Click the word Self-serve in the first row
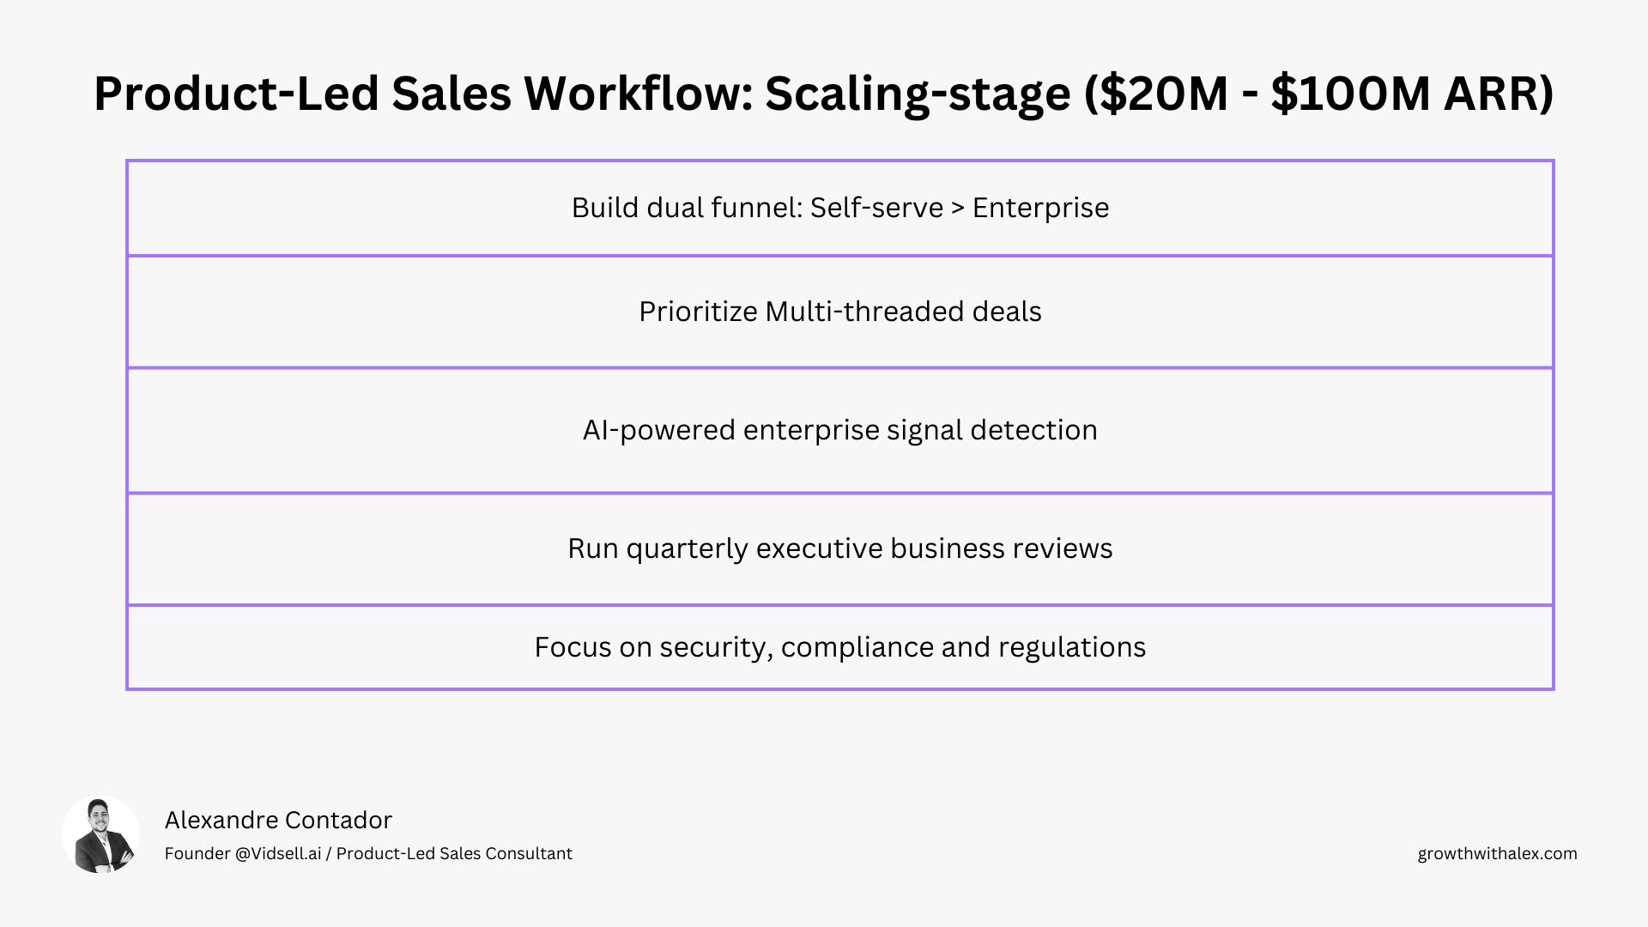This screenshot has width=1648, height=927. [876, 208]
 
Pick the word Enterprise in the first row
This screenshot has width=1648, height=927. [1040, 208]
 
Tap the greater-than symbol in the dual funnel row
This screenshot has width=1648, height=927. [958, 209]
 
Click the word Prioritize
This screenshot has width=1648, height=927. [697, 312]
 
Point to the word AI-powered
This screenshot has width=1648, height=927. [658, 430]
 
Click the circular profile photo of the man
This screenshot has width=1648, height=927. [100, 835]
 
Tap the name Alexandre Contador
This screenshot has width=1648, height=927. [278, 820]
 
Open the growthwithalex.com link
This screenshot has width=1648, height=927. [1497, 853]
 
